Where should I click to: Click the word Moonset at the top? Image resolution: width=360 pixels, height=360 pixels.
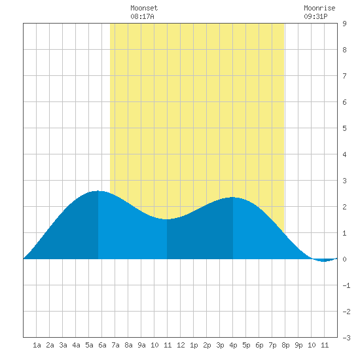[x=144, y=8]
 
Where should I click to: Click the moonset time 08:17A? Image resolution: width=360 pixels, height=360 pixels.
[x=142, y=16]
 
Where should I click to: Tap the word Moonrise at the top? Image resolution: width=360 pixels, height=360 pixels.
[x=319, y=8]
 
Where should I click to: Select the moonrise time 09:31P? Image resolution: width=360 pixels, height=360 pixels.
[x=315, y=16]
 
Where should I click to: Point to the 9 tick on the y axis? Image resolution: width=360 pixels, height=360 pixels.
[x=344, y=24]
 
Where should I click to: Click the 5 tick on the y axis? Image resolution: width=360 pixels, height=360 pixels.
[x=344, y=128]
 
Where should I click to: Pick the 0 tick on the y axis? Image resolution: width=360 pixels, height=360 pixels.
[x=344, y=259]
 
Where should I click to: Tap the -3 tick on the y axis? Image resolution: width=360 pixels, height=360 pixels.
[x=346, y=338]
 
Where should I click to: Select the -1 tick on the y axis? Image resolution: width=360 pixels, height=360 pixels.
[x=346, y=285]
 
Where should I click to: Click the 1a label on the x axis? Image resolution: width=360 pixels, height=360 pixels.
[x=37, y=345]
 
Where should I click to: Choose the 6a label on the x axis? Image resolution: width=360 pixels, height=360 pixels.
[x=102, y=345]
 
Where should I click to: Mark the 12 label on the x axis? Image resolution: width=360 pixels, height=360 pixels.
[x=181, y=345]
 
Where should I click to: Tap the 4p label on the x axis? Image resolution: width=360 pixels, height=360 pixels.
[x=233, y=345]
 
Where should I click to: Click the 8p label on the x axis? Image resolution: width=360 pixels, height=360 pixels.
[x=285, y=345]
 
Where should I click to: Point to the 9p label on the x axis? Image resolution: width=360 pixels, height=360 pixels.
[x=298, y=345]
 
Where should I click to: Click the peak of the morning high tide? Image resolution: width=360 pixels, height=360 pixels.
[x=98, y=191]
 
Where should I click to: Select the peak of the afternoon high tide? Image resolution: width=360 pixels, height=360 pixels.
[x=232, y=197]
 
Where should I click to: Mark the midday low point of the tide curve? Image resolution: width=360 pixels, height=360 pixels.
[x=167, y=219]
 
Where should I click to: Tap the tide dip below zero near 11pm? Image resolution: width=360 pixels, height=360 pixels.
[x=323, y=261]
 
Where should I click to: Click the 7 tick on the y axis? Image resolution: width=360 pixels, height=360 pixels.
[x=344, y=76]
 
